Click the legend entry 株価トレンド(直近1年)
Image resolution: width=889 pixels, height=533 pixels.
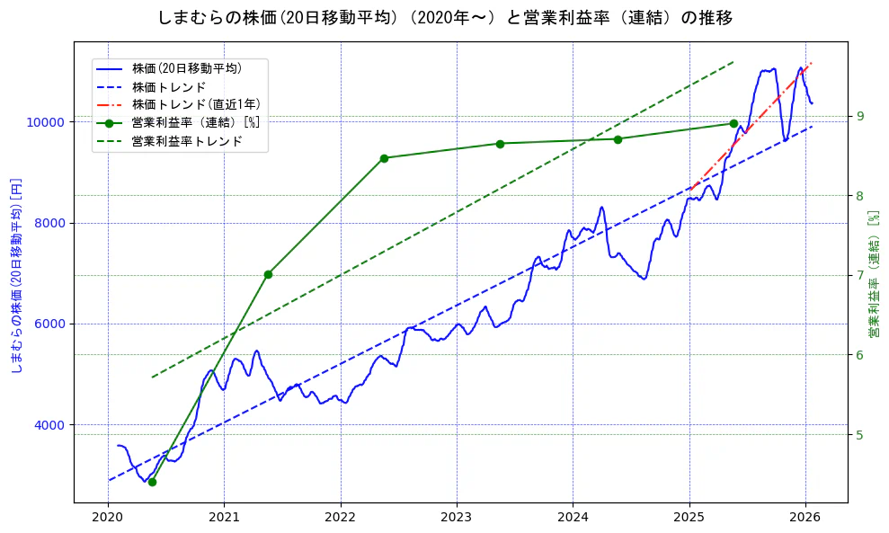point(196,104)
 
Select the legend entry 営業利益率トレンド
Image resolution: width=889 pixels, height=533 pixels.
point(187,141)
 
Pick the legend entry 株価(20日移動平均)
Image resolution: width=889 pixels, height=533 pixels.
point(187,67)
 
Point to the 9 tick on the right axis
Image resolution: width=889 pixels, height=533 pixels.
point(860,116)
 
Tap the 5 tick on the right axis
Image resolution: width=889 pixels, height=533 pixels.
point(860,435)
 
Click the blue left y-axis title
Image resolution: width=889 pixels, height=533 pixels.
point(15,275)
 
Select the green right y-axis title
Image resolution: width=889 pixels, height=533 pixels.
point(873,275)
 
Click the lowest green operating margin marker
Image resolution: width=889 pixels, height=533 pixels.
point(152,482)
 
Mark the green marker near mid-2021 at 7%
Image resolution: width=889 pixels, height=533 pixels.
point(268,274)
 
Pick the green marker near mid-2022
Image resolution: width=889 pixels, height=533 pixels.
point(384,158)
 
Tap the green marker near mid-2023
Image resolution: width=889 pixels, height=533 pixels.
point(500,144)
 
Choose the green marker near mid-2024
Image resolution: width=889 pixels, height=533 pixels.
point(618,139)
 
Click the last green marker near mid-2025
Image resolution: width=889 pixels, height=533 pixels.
point(733,123)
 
